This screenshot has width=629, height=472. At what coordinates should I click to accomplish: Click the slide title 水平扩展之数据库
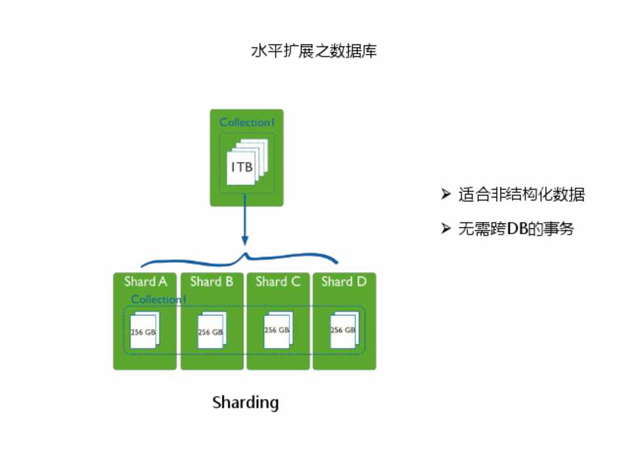[314, 51]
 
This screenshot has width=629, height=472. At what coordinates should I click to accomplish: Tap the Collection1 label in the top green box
[245, 123]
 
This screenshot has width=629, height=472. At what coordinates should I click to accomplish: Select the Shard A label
[145, 282]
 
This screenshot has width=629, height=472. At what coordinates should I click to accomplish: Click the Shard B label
[212, 282]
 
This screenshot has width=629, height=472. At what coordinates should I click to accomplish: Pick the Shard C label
[278, 282]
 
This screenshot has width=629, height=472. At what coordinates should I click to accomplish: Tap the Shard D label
[344, 282]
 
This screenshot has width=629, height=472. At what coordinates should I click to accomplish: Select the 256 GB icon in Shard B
[212, 332]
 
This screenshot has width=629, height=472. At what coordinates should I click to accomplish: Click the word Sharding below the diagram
[246, 402]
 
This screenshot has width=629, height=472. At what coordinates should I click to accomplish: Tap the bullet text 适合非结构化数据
[522, 195]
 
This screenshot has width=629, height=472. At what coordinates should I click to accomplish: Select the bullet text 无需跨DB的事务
[516, 229]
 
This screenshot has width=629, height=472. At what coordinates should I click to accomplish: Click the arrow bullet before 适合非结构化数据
[446, 194]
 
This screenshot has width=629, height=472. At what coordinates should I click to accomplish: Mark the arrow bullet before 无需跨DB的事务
[446, 228]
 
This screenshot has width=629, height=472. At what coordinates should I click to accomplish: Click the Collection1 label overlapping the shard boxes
[159, 300]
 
